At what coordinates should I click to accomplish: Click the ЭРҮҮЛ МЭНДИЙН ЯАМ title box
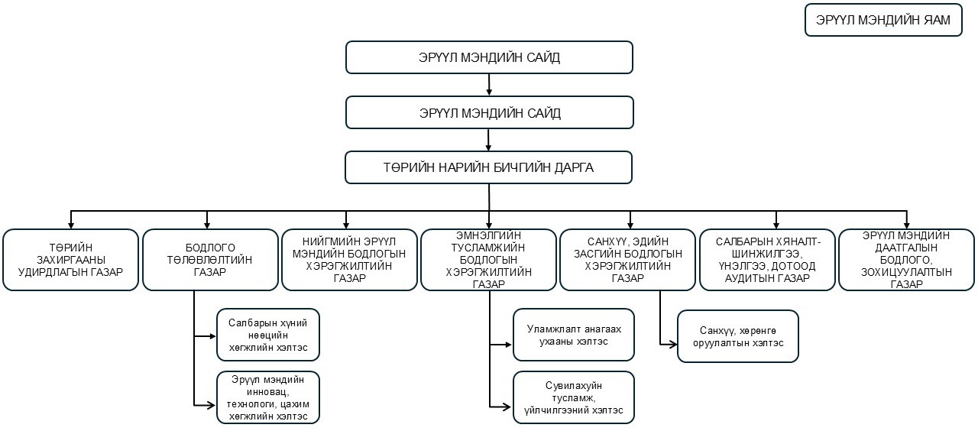882,20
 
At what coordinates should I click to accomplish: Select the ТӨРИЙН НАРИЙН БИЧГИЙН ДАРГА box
489,167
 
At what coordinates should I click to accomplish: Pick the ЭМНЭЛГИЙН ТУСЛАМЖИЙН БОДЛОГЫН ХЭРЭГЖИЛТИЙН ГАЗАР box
490,260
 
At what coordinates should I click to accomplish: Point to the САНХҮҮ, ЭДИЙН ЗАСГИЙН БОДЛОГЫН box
629,260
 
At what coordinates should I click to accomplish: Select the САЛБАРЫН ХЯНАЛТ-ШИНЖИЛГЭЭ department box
768,260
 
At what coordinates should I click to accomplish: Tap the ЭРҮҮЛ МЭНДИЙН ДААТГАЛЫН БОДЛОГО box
907,260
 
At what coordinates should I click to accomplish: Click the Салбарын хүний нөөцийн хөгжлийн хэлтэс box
267,335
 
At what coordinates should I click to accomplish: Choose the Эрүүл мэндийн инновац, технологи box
267,397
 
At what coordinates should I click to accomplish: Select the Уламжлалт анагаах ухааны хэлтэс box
573,335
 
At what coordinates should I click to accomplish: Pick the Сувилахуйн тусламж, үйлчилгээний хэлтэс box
573,397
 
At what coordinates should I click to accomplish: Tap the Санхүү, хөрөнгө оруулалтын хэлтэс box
737,335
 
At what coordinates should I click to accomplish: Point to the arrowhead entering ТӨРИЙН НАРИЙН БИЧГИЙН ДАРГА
489,147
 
